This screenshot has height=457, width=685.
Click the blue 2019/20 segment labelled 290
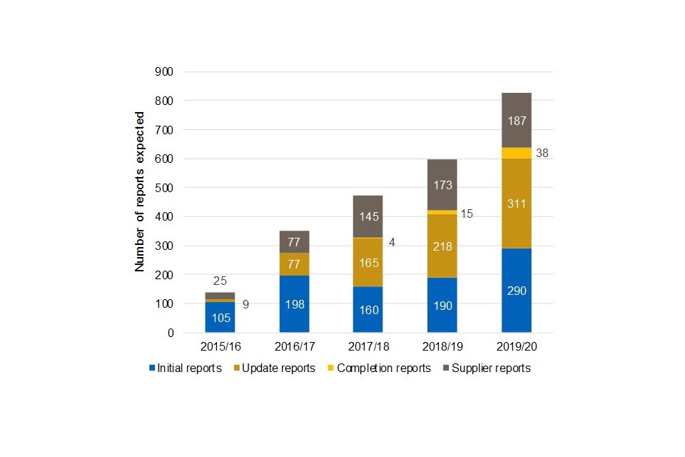tap(516, 291)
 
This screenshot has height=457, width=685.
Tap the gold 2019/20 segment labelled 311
tap(516, 204)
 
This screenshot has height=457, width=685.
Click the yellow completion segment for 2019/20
tap(516, 153)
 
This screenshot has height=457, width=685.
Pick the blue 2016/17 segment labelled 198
tap(294, 304)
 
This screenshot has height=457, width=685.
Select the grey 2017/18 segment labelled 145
tap(368, 216)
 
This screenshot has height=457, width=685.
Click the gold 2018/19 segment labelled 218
tap(442, 246)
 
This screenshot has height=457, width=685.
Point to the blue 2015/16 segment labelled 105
tap(220, 317)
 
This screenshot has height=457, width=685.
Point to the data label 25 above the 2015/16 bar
tap(220, 281)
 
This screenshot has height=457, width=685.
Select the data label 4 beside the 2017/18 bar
tap(392, 242)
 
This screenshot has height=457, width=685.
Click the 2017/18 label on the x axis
tap(368, 346)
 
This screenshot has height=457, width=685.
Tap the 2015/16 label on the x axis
tap(220, 346)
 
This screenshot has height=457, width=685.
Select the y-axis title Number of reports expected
tap(140, 191)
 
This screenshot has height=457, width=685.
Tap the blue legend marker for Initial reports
tap(152, 368)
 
